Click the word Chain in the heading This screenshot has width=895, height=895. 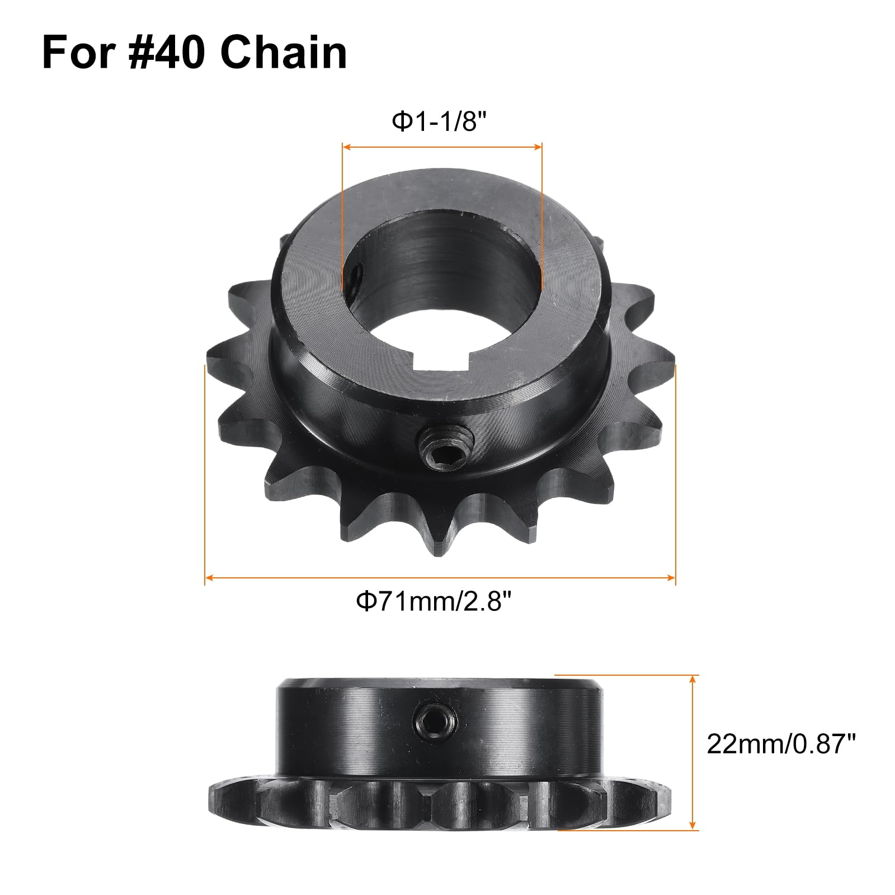tap(283, 53)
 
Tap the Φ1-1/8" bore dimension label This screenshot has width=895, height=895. tap(437, 121)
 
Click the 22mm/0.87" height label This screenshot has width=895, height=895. tap(781, 745)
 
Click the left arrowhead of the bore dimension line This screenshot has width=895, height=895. tap(346, 147)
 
